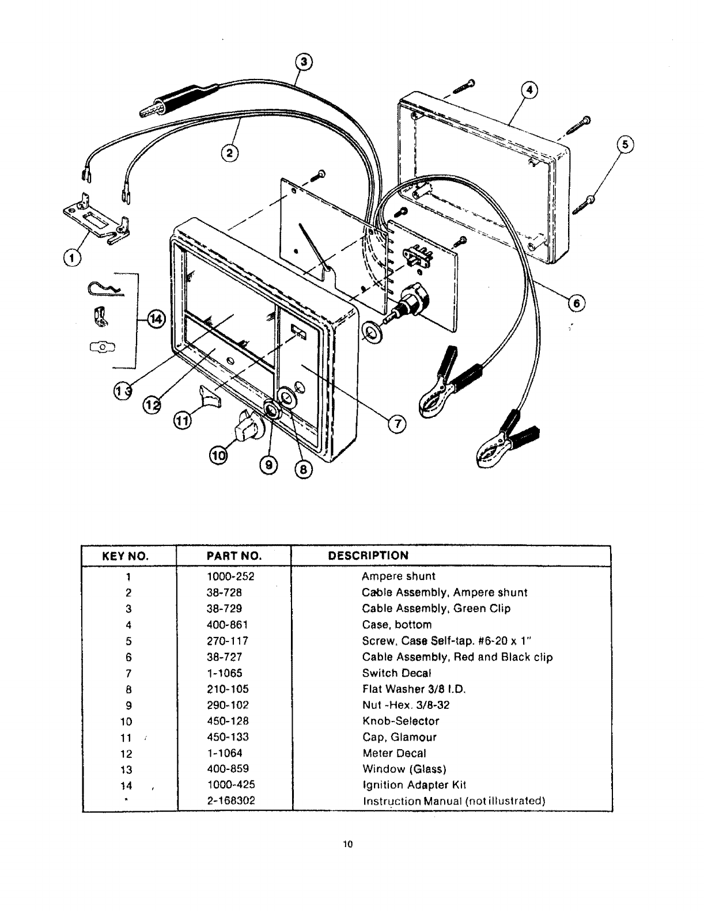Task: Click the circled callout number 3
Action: [304, 62]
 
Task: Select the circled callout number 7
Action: [397, 424]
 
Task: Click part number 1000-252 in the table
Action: [230, 576]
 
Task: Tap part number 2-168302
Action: [230, 801]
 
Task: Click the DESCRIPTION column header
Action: [368, 556]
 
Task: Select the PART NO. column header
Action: [234, 556]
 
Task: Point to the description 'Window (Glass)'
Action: [404, 769]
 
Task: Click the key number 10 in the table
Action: [127, 722]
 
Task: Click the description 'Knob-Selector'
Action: [400, 721]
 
